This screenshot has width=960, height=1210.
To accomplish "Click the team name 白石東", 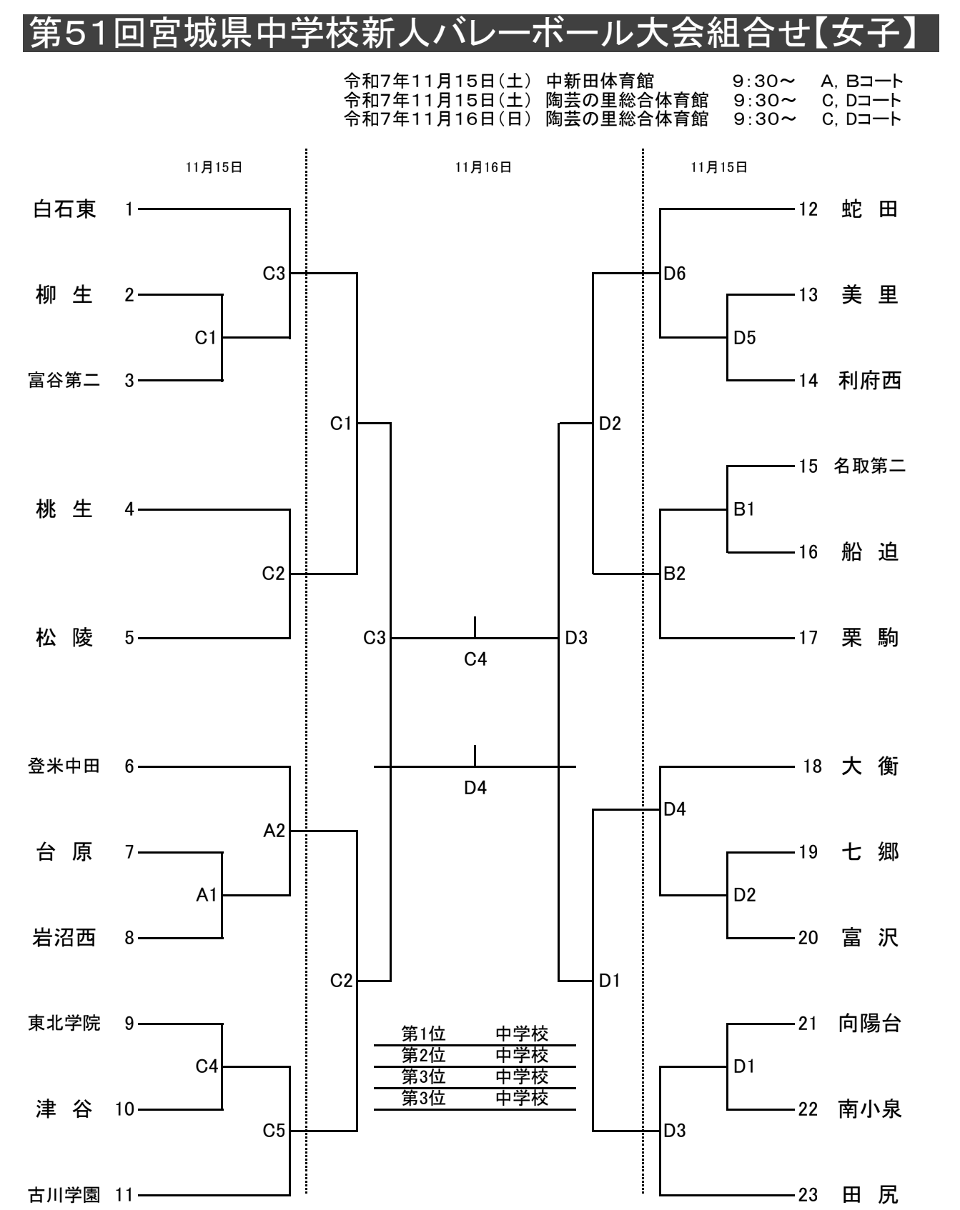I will (x=64, y=209).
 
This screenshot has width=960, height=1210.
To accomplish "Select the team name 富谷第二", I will (x=64, y=381).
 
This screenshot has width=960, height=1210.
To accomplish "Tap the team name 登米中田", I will (x=64, y=766).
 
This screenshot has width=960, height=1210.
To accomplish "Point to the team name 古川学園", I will (x=64, y=1194).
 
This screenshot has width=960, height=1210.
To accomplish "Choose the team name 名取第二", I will (x=869, y=466).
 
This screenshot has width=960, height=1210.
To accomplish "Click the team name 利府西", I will (x=869, y=381).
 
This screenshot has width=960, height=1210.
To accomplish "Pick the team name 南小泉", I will (x=869, y=1109).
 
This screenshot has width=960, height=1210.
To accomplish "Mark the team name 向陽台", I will (x=869, y=1024).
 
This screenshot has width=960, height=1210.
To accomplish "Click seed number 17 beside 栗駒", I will (x=808, y=638).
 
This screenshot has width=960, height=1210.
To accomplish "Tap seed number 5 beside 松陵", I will (x=129, y=638).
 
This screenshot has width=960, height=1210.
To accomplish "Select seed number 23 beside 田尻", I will (x=808, y=1194).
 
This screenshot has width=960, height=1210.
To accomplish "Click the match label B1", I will (x=744, y=509).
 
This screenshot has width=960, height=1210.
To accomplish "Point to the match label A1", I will (x=207, y=895).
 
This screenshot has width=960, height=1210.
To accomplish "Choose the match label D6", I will (x=675, y=274).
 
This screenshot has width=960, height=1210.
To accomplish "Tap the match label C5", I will (x=274, y=1131).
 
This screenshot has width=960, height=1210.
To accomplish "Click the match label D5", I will (x=744, y=338).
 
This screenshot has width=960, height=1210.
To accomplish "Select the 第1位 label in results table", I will (x=423, y=1034).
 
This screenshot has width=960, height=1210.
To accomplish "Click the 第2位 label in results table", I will (x=423, y=1055).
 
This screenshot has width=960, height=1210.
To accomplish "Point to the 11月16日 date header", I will (x=483, y=167).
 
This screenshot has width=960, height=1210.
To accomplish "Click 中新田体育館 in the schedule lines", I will (x=600, y=81).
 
